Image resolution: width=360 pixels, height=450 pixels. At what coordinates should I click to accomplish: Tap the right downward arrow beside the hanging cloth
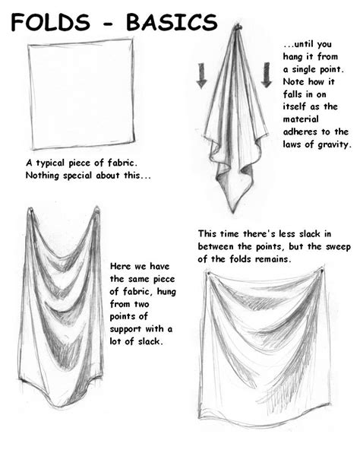(266, 74)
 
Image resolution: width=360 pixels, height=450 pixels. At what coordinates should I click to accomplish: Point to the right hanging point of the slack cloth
(96, 208)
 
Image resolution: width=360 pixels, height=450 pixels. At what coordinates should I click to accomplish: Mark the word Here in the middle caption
(122, 267)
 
